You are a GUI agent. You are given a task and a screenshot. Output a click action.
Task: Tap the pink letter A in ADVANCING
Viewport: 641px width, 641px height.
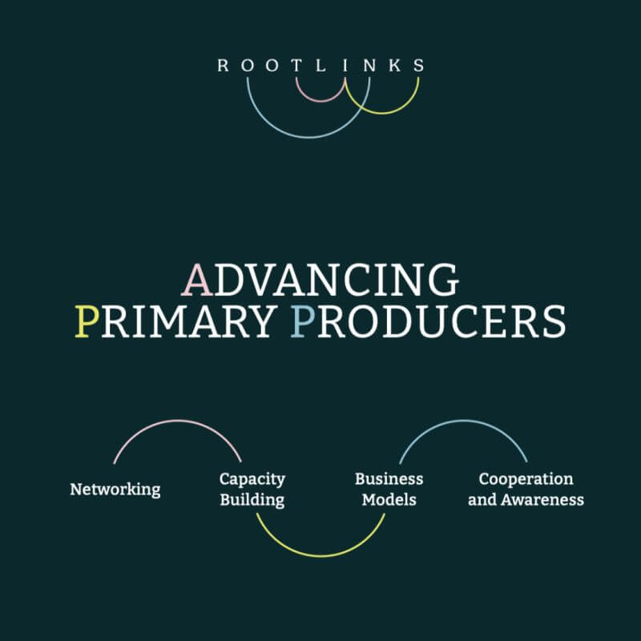[x=196, y=280]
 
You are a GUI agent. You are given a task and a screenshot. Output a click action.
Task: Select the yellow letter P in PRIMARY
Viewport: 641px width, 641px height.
[x=84, y=321]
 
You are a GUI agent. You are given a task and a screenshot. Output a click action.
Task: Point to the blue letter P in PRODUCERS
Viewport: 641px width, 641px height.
[x=301, y=321]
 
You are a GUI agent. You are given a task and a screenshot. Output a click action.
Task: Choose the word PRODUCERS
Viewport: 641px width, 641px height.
[x=428, y=321]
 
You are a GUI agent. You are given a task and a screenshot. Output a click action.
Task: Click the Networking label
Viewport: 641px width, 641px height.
[x=115, y=489]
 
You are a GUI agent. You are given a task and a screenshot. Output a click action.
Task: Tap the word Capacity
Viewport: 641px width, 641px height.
[x=252, y=479]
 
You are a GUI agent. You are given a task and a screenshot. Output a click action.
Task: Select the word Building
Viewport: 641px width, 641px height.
[x=252, y=500]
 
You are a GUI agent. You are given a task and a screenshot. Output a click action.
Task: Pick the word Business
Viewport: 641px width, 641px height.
[x=389, y=479]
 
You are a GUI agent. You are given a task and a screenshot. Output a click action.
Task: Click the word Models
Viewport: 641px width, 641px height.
[x=389, y=500]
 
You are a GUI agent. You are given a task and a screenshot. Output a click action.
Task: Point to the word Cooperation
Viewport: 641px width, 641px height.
[x=526, y=479]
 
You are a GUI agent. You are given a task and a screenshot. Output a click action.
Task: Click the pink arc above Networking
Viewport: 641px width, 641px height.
[x=177, y=421]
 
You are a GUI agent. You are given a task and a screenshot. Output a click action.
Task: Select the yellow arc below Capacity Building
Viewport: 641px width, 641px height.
[x=320, y=555]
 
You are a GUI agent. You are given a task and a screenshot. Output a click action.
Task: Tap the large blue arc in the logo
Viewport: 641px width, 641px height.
[x=308, y=137]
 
